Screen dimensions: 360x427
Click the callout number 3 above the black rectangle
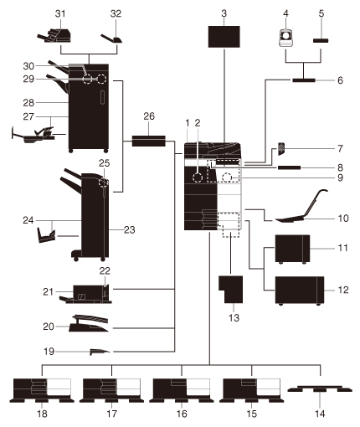224,13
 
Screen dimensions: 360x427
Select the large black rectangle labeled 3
224,37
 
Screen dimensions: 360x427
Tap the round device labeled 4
286,38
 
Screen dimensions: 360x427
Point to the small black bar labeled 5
321,41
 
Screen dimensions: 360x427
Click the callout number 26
149,116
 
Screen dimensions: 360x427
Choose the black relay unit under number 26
149,141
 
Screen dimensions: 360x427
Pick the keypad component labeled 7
281,149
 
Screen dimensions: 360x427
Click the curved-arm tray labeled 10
301,208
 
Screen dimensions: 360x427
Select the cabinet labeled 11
292,249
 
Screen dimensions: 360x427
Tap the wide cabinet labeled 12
300,291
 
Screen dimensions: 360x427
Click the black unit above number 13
230,289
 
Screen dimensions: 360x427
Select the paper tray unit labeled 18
42,390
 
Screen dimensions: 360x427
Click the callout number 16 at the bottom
182,414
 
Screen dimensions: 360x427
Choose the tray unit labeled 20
89,324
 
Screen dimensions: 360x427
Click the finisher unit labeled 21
85,295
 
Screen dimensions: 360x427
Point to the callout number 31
60,13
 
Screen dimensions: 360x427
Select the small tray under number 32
111,39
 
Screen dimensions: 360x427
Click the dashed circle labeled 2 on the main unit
198,177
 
